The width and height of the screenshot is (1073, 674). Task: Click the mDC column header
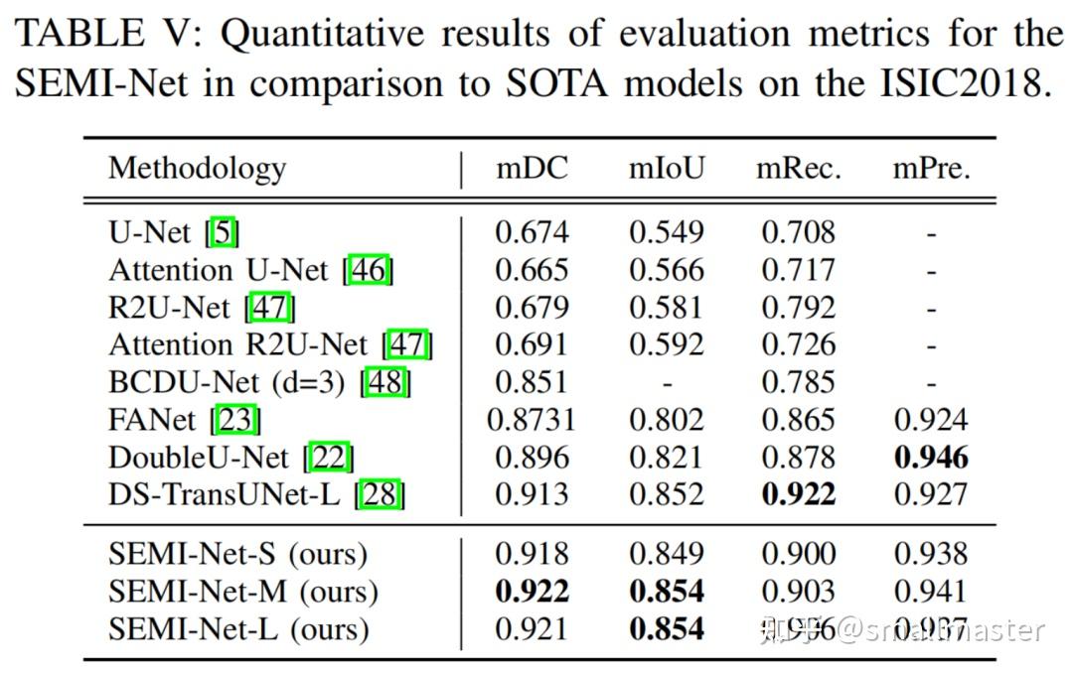point(532,168)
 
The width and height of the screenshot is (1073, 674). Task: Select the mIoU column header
point(666,168)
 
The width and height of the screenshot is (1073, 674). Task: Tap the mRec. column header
point(798,168)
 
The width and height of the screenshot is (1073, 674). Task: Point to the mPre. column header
point(931,168)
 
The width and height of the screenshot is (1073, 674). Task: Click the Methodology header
point(197,168)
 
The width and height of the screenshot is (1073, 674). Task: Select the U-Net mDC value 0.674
point(532,232)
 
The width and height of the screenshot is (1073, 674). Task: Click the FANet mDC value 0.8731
point(531,420)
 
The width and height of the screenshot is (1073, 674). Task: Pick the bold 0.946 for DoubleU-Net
point(931,457)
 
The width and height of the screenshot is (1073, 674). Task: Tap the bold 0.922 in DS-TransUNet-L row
point(798,494)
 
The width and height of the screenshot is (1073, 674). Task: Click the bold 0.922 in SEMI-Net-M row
point(532,592)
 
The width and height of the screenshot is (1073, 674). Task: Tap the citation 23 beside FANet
point(235,420)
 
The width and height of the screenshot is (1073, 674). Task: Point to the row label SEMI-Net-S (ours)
point(237,554)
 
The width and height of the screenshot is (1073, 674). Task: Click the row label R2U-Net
point(168,308)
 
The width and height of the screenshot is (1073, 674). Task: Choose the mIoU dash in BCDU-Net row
point(666,383)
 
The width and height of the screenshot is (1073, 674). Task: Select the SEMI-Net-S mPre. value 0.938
point(931,554)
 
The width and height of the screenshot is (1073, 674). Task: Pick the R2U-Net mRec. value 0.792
point(798,308)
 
